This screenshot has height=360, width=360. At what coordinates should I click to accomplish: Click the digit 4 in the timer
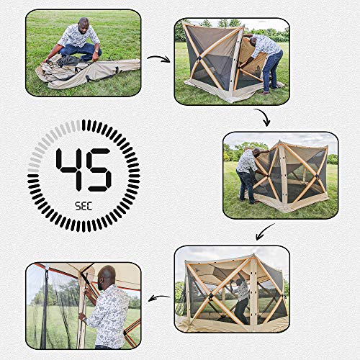tap(69, 169)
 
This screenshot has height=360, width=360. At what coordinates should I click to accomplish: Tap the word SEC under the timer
tap(83, 204)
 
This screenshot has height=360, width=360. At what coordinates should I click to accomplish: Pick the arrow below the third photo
tap(266, 233)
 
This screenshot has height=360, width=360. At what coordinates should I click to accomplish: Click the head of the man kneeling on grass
tap(84, 24)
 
